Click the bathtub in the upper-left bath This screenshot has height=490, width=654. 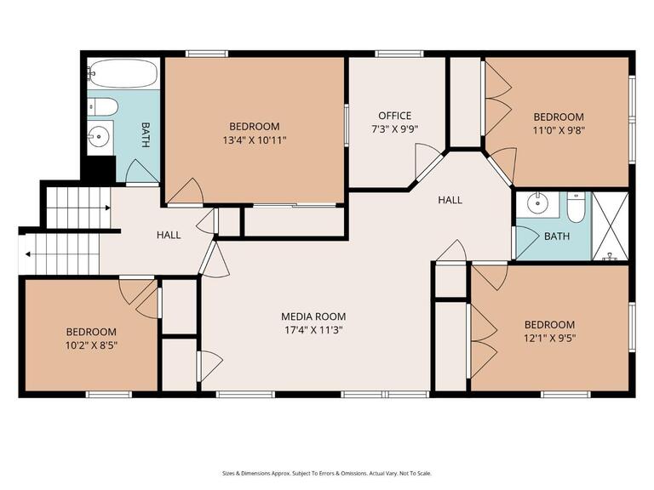click(x=123, y=73)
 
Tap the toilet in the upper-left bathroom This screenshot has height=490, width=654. click(x=102, y=107)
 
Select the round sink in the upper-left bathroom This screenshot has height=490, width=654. click(x=100, y=134)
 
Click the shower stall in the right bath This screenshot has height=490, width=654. click(x=610, y=225)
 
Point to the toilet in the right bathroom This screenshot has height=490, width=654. click(x=576, y=207)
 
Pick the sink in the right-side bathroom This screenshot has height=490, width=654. click(x=538, y=204)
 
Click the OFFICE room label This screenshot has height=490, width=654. click(x=395, y=116)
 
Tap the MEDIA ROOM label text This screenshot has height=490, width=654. click(x=316, y=316)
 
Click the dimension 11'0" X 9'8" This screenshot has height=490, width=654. click(x=559, y=131)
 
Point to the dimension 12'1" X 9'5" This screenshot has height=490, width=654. click(x=549, y=339)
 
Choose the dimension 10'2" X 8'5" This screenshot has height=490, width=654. click(x=91, y=346)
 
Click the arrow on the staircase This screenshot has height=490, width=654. click(x=30, y=253)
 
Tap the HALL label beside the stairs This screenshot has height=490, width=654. click(x=169, y=235)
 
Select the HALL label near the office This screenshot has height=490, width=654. click(x=450, y=200)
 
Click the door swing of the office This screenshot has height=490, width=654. click(x=426, y=160)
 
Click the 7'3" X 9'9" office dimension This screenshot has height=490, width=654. click(x=395, y=130)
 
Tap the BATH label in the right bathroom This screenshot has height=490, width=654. click(x=557, y=236)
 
